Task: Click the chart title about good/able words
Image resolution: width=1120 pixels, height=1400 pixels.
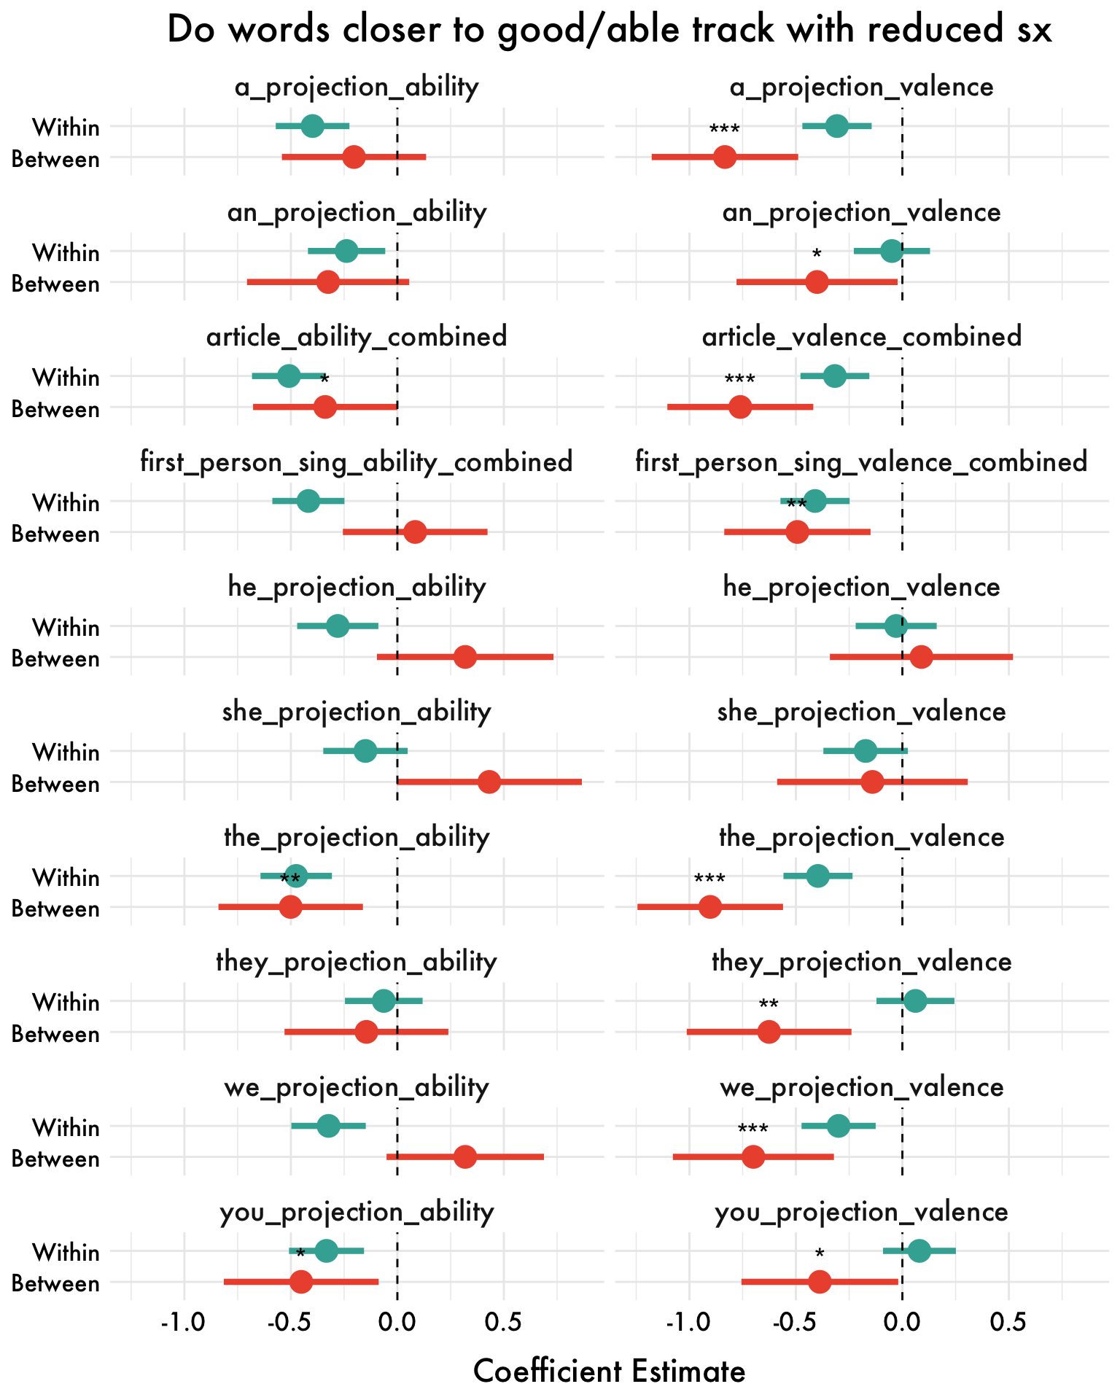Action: (609, 31)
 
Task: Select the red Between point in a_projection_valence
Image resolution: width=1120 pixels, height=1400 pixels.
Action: (725, 157)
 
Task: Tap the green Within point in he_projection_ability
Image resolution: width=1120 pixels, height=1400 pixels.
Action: (337, 626)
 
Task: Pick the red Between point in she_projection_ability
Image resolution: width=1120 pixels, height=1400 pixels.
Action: (490, 782)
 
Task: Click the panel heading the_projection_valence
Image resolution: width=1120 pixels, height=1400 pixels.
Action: (861, 837)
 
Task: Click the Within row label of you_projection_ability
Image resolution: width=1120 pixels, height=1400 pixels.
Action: (66, 1252)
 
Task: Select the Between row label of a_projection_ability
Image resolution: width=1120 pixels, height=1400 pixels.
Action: (55, 159)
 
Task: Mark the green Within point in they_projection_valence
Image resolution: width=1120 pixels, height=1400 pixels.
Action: (915, 1001)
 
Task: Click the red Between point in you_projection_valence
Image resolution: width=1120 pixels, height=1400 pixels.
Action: (820, 1282)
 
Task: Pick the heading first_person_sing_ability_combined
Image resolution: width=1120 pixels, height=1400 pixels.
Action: (356, 462)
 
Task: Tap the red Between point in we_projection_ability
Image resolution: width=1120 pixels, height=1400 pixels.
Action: (464, 1156)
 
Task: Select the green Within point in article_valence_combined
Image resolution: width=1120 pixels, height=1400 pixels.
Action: (835, 376)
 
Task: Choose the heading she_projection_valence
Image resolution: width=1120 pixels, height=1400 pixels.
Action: (861, 712)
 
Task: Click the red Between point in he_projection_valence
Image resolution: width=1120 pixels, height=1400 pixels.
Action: (921, 657)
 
